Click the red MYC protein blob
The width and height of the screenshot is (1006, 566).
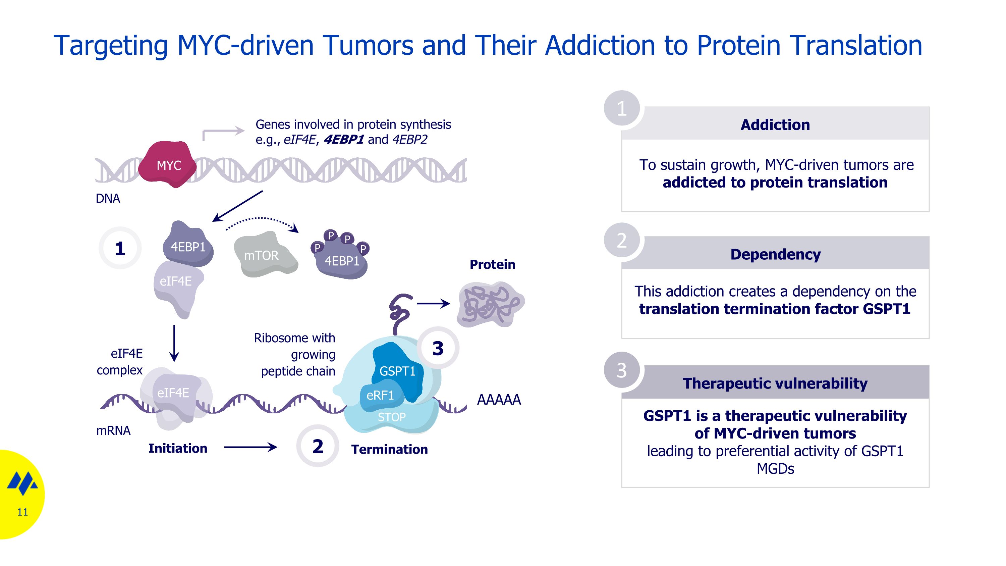pyautogui.click(x=168, y=164)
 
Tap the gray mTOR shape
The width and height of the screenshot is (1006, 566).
pyautogui.click(x=264, y=255)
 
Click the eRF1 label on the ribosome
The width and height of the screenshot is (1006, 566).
pyautogui.click(x=380, y=395)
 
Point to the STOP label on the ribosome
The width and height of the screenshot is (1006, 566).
pyautogui.click(x=391, y=417)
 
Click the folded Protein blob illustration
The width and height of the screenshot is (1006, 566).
pyautogui.click(x=491, y=304)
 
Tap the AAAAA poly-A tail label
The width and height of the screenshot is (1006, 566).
pyautogui.click(x=499, y=400)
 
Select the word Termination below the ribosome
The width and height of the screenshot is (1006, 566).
pyautogui.click(x=389, y=449)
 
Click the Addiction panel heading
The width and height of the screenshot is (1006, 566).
pyautogui.click(x=775, y=124)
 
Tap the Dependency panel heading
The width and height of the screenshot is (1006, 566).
pyautogui.click(x=775, y=254)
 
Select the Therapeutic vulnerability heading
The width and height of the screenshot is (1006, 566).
pyautogui.click(x=775, y=383)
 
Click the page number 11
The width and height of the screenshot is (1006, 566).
pyautogui.click(x=23, y=512)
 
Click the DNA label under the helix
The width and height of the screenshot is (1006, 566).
pyautogui.click(x=108, y=198)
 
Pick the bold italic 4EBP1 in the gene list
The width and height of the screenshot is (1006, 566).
pyautogui.click(x=344, y=140)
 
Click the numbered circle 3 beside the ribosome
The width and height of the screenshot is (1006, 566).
pyautogui.click(x=438, y=348)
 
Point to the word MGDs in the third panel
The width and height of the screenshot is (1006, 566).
pyautogui.click(x=775, y=468)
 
